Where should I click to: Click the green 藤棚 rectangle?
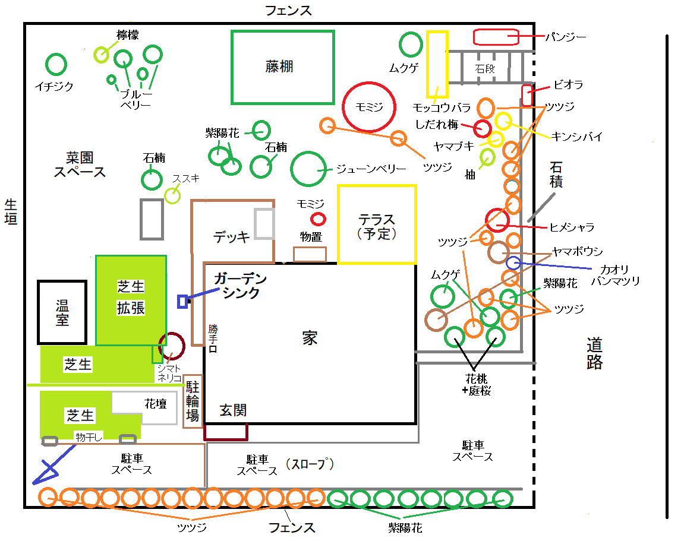282,67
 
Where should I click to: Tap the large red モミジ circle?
369,106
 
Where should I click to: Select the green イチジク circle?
56,64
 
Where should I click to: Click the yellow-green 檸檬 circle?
102,55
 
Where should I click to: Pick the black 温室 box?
62,312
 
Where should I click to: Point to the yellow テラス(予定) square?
377,224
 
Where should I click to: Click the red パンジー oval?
496,37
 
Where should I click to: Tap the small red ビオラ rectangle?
527,96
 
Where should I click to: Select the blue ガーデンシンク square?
182,301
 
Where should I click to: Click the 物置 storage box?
310,254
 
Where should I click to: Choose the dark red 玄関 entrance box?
225,431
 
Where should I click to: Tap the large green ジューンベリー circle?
308,169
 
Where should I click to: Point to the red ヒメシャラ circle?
497,220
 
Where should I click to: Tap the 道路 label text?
594,353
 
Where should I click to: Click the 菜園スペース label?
80,164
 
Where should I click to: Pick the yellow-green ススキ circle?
172,195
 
